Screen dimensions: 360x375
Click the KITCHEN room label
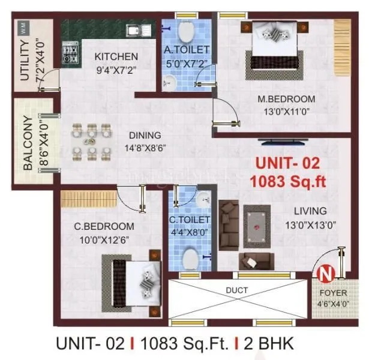click(x=116, y=56)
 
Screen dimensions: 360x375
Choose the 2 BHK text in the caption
click(x=270, y=344)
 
